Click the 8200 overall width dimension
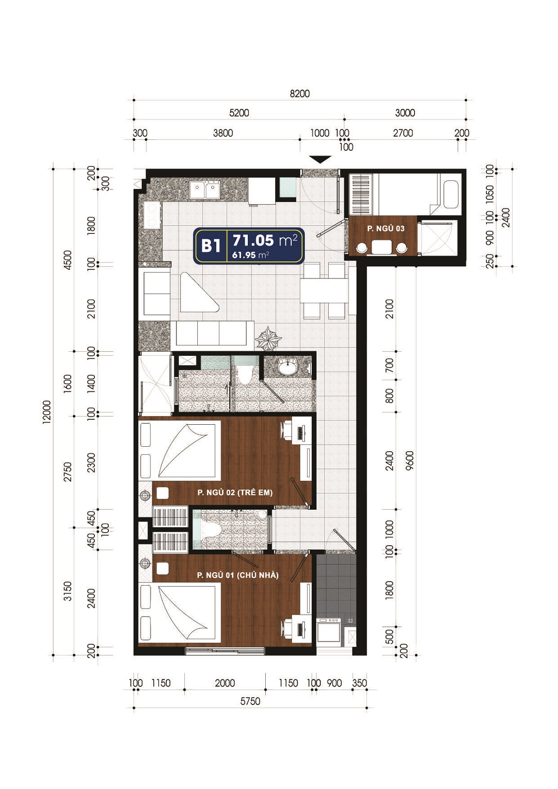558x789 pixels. pyautogui.click(x=300, y=94)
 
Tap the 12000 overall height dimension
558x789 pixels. pyautogui.click(x=47, y=412)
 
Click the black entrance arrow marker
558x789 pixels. pyautogui.click(x=320, y=159)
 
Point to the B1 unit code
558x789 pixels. pyautogui.click(x=211, y=245)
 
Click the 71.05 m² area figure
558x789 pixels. pyautogui.click(x=265, y=240)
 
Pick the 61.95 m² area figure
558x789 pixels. pyautogui.click(x=250, y=255)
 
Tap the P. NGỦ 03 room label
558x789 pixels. pyautogui.click(x=386, y=228)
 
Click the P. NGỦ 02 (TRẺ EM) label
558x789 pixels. pyautogui.click(x=235, y=492)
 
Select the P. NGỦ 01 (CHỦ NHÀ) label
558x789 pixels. pyautogui.click(x=238, y=575)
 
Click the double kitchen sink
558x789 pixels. pyautogui.click(x=204, y=190)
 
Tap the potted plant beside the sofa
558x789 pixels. pyautogui.click(x=269, y=338)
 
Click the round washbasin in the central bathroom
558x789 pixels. pyautogui.click(x=288, y=367)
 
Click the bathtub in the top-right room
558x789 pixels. pyautogui.click(x=451, y=194)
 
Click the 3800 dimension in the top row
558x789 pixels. pyautogui.click(x=223, y=133)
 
